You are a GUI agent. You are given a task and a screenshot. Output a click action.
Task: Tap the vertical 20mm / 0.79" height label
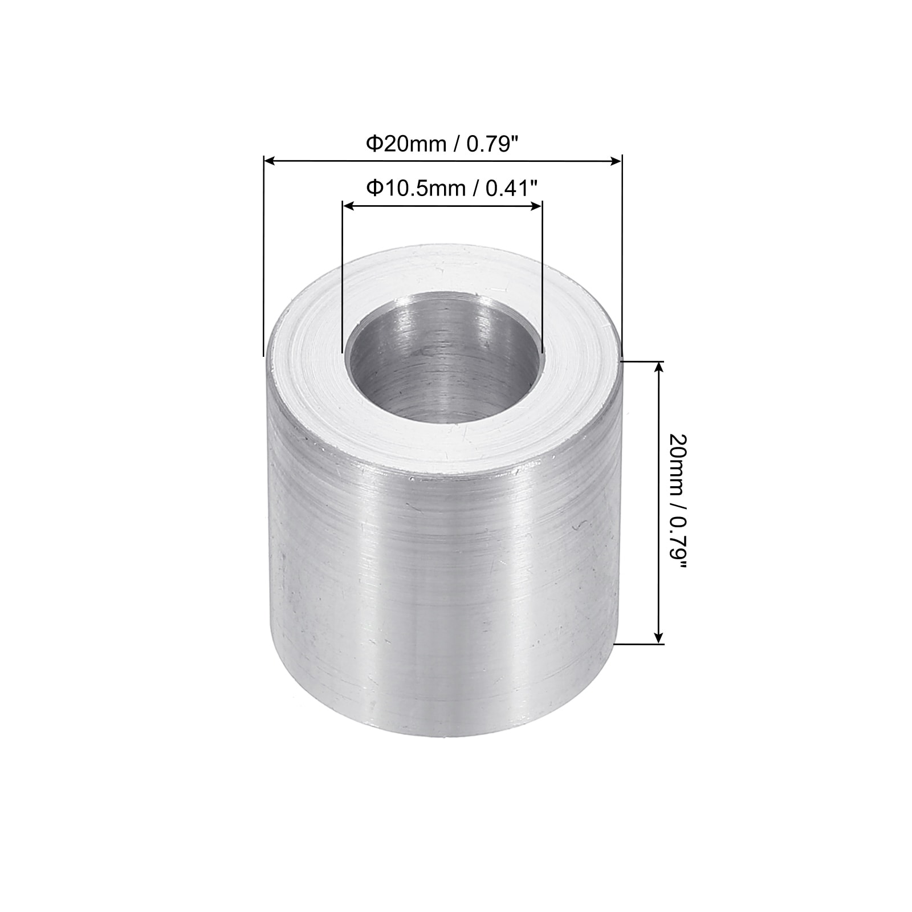pyautogui.click(x=679, y=503)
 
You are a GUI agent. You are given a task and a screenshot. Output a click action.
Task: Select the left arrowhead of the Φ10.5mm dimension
pyautogui.click(x=348, y=206)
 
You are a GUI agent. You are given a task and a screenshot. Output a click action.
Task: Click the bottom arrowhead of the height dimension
pyautogui.click(x=659, y=637)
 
